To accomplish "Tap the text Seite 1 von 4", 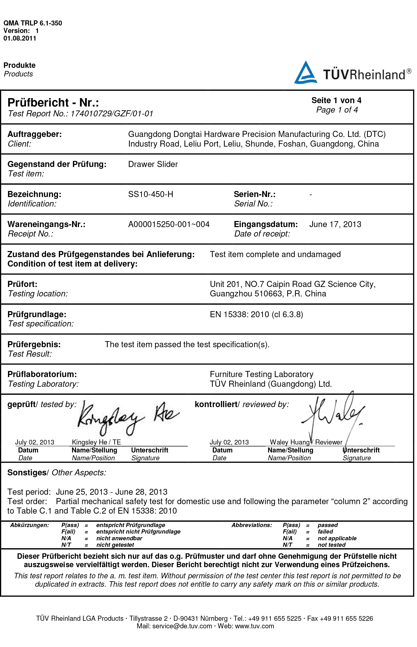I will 336,100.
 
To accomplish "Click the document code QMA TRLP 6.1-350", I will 33,23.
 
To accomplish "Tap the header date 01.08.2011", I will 20,38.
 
